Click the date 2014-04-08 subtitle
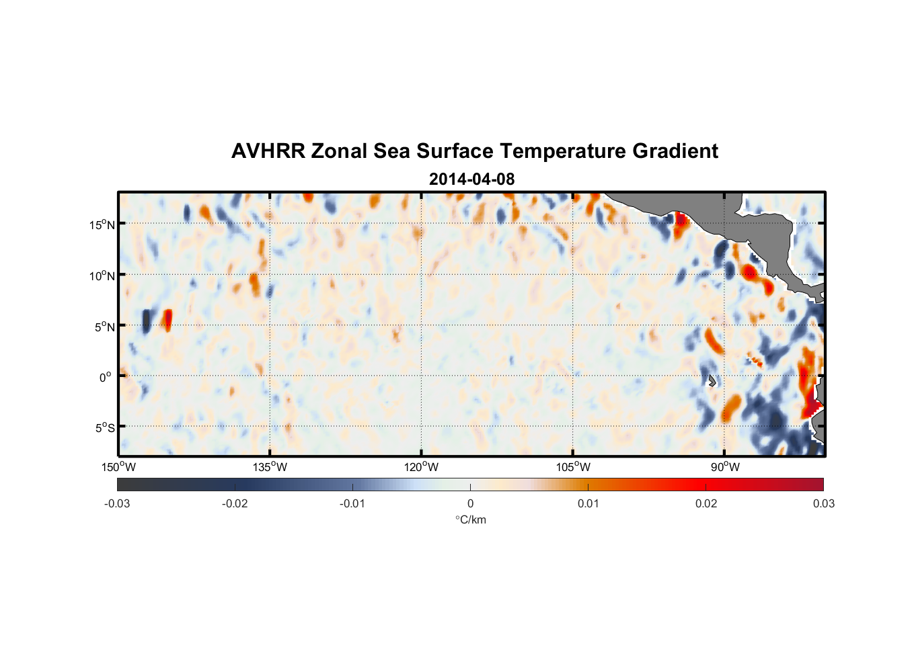pos(471,179)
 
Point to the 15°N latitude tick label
pos(102,224)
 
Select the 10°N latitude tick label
pos(102,276)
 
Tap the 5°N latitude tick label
pos(104,327)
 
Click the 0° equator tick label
pos(106,377)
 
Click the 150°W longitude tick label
pos(119,467)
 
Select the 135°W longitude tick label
pos(270,467)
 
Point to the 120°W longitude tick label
pos(422,467)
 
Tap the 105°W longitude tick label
pos(573,467)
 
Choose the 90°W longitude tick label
pos(724,467)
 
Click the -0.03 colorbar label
pos(117,503)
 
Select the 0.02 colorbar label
pos(706,503)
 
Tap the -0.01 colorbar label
pos(352,503)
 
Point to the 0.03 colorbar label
pos(823,503)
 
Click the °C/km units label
pos(471,519)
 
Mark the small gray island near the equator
pos(712,381)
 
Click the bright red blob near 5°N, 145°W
pos(167,319)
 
